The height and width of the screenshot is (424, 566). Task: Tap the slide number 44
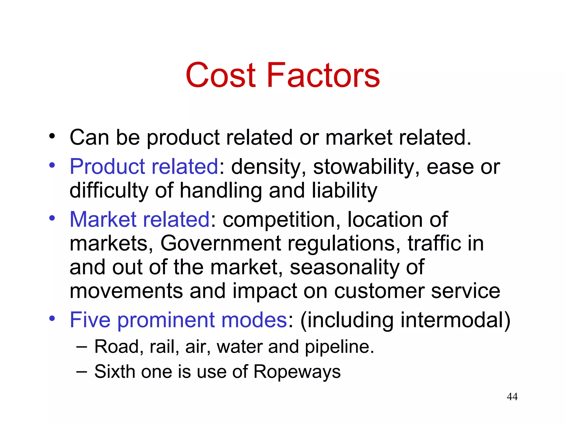tap(512, 397)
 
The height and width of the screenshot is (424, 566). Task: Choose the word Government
tap(221, 243)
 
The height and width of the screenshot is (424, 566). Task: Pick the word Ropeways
tap(297, 371)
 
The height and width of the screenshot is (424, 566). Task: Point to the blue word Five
tap(90, 320)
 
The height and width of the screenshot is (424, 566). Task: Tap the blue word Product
tap(107, 167)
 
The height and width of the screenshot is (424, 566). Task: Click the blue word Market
tap(104, 219)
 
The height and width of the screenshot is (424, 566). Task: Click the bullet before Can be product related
tap(52, 136)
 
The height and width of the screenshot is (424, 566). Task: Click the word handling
tap(221, 191)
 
